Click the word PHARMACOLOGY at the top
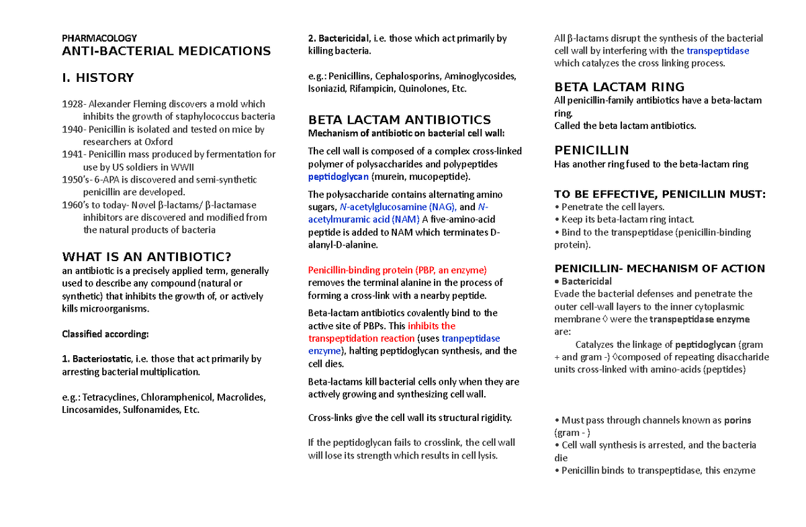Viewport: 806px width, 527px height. pos(99,38)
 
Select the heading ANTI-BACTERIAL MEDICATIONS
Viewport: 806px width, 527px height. pos(166,51)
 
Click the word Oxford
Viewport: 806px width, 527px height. pos(159,142)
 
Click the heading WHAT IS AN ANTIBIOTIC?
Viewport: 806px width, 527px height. pos(146,256)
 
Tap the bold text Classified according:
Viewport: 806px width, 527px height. pos(105,334)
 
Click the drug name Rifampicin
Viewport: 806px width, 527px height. pos(372,89)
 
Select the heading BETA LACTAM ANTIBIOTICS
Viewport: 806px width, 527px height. pos(399,119)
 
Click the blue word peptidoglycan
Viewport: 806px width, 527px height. pos(338,177)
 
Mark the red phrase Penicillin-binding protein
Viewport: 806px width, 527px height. pos(360,270)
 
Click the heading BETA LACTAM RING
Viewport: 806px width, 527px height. pos(619,87)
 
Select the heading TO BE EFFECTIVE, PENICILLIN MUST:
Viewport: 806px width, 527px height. pos(660,194)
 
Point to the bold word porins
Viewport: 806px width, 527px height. pos(737,420)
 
